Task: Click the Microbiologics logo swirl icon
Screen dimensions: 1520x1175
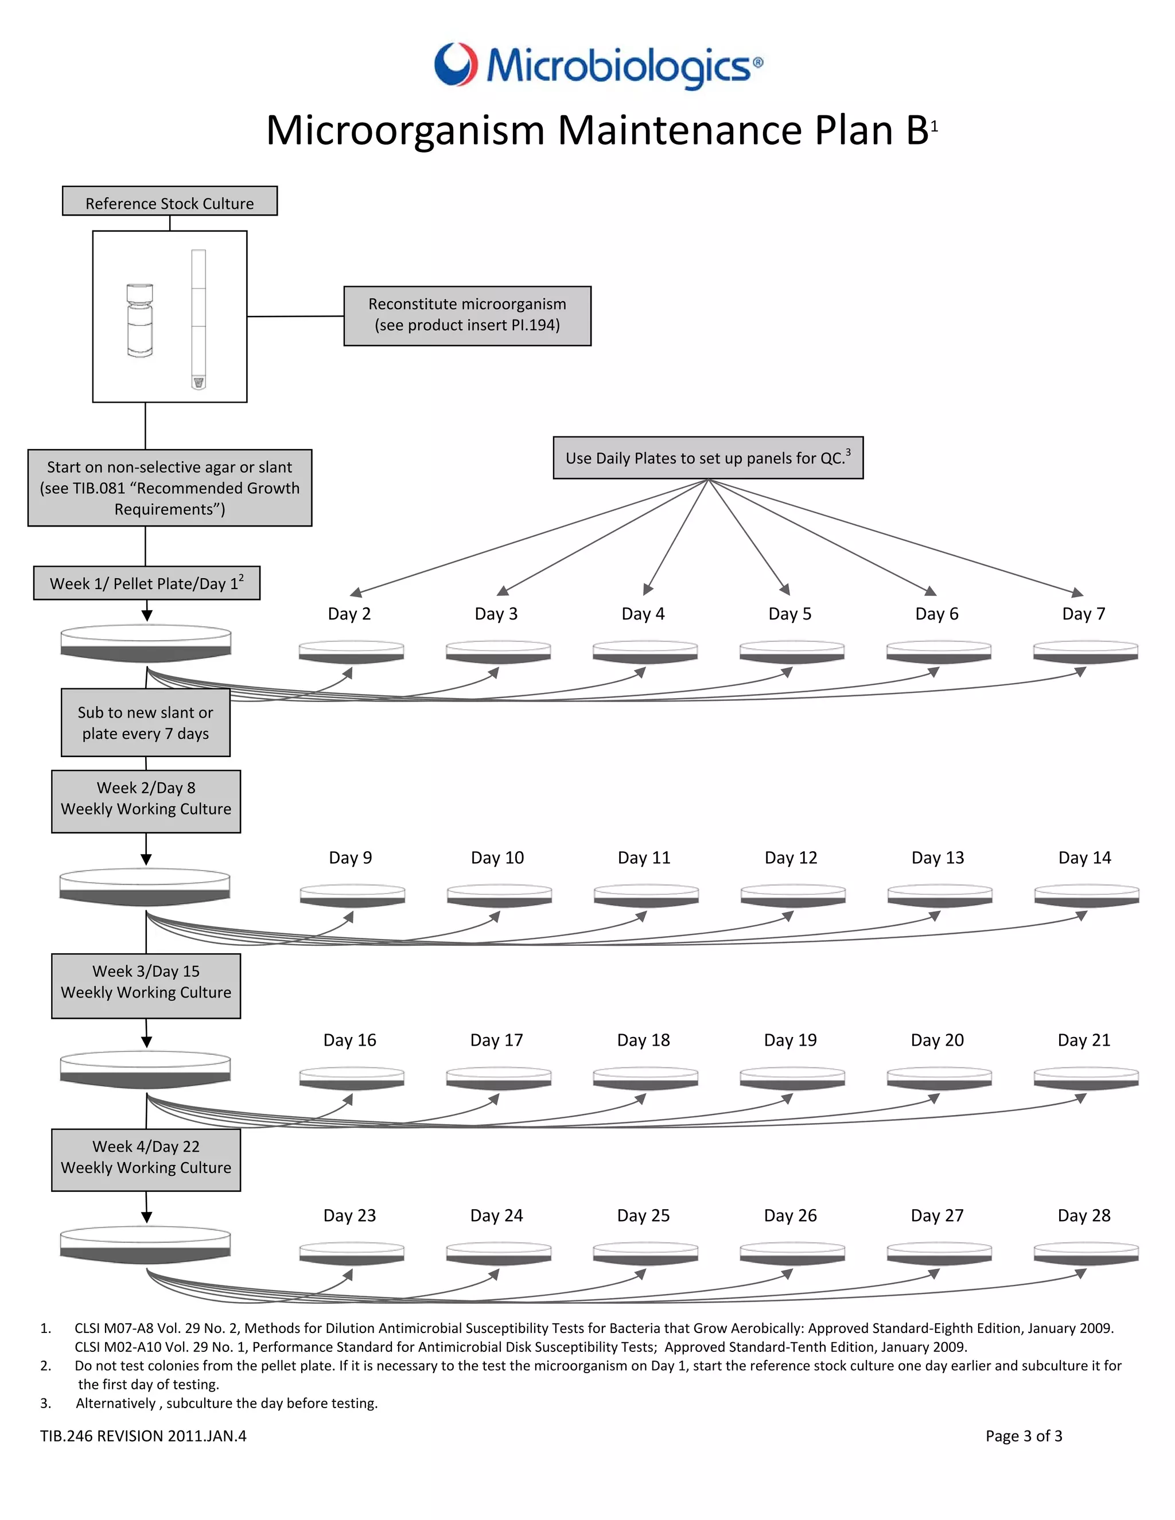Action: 457,64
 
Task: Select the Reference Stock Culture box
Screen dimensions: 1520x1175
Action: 170,201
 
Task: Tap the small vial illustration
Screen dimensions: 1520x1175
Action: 140,320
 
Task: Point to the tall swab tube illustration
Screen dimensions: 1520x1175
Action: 199,319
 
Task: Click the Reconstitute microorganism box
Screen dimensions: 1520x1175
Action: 467,315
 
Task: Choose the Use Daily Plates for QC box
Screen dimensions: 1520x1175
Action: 708,458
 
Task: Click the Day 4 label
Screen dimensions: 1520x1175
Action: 643,614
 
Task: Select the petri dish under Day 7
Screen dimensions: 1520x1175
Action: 1085,652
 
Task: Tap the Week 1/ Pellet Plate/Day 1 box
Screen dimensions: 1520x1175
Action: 147,583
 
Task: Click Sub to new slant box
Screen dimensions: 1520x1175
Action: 146,722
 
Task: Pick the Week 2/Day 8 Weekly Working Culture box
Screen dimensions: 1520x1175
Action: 146,801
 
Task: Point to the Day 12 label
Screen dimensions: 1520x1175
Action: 791,858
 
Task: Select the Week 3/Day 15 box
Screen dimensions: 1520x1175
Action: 146,985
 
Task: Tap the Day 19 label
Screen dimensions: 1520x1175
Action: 790,1040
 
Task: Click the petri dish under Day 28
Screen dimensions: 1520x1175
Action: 1086,1253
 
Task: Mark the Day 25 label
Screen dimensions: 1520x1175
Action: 643,1215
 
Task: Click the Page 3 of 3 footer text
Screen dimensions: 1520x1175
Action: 1024,1436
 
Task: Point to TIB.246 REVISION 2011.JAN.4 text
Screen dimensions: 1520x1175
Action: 143,1436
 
